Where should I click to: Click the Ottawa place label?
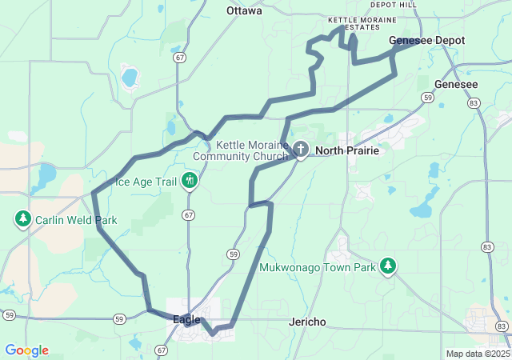(244, 11)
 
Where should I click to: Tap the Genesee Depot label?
(426, 40)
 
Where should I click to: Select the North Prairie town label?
(346, 150)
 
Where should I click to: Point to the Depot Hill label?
(394, 5)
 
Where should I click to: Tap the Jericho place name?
(307, 322)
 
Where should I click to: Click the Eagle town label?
(186, 319)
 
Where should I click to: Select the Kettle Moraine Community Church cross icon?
(301, 148)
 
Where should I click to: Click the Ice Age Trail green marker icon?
(190, 181)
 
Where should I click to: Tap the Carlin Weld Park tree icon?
(23, 218)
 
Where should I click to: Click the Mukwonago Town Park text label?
(318, 268)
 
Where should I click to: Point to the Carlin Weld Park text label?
(76, 220)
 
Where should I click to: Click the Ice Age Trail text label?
(146, 182)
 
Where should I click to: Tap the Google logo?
(26, 350)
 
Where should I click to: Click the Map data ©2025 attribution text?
(477, 354)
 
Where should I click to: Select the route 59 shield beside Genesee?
(429, 98)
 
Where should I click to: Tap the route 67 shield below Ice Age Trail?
(189, 214)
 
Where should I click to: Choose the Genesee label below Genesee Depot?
(456, 84)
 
